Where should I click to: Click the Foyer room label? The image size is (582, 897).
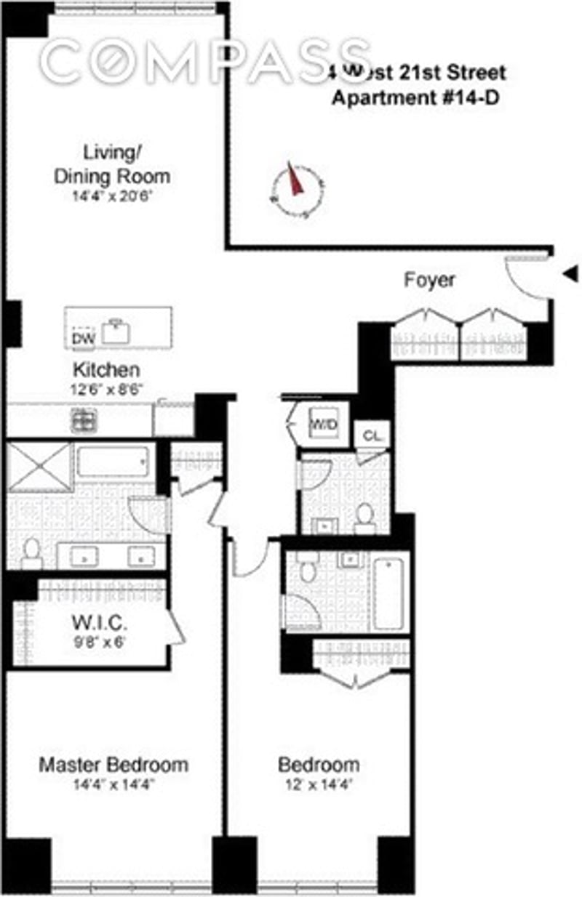429,280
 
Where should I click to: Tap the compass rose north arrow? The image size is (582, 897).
295,180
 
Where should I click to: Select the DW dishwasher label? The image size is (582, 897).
84,338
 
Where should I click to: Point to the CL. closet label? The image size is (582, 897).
372,436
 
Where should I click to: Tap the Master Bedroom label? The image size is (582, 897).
113,765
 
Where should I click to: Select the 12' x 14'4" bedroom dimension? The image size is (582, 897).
319,785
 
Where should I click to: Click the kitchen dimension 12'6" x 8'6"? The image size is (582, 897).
106,389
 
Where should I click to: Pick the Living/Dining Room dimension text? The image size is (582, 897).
112,196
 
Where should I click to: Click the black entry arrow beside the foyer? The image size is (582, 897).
571,273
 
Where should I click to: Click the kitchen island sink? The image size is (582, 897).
116,331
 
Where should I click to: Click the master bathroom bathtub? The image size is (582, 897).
113,462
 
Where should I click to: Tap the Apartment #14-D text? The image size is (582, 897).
415,99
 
